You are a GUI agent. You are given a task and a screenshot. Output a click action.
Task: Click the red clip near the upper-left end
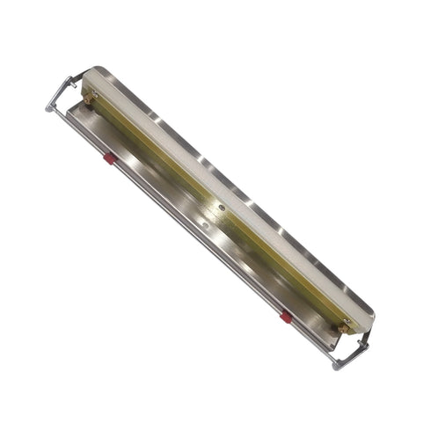109,158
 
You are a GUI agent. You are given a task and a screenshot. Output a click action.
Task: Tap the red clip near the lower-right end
286,317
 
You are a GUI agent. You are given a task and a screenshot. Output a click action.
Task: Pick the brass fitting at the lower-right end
344,327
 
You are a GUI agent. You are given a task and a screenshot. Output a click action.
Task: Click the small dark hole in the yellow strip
222,208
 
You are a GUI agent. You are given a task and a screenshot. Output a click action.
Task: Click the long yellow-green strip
211,202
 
